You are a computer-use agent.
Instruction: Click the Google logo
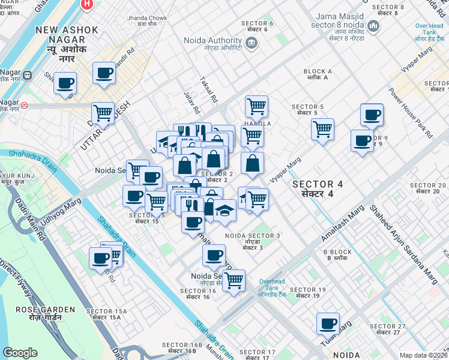click(x=20, y=353)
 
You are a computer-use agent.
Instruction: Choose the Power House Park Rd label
click(x=411, y=113)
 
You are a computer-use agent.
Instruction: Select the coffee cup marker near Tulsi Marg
click(x=328, y=324)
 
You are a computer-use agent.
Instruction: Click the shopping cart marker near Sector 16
click(x=234, y=280)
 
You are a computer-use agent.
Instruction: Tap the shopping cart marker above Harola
click(x=256, y=107)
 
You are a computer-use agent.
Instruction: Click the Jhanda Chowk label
click(x=146, y=22)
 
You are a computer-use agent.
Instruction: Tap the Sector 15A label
click(x=107, y=314)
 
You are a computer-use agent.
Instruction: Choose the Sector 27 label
click(x=388, y=330)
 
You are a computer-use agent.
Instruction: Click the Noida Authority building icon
click(x=251, y=43)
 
